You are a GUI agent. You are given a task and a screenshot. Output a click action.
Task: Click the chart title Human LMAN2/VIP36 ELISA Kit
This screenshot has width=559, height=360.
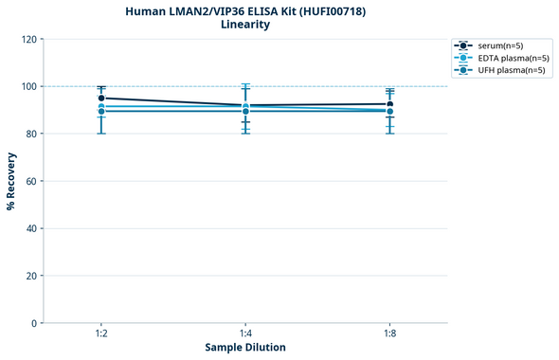pyautogui.click(x=245, y=10)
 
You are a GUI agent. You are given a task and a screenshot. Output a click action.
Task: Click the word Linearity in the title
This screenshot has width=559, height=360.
pyautogui.click(x=245, y=25)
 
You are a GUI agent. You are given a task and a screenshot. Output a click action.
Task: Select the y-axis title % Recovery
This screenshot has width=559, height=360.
pyautogui.click(x=11, y=181)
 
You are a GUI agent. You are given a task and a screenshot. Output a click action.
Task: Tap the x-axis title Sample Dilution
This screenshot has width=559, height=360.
pyautogui.click(x=245, y=348)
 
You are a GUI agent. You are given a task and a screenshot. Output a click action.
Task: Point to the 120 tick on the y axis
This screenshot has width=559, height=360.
pyautogui.click(x=28, y=39)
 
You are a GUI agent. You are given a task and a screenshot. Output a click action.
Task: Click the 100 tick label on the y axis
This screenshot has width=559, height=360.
pyautogui.click(x=28, y=86)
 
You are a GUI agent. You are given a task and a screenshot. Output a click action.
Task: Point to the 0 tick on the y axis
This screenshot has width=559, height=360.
pyautogui.click(x=34, y=323)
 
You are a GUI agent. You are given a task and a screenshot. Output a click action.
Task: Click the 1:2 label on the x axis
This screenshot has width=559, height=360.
pyautogui.click(x=101, y=333)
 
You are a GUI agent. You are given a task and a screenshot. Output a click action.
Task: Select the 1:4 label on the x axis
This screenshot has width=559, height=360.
pyautogui.click(x=245, y=333)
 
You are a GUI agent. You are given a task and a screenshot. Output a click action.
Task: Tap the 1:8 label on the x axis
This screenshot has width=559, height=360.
pyautogui.click(x=389, y=333)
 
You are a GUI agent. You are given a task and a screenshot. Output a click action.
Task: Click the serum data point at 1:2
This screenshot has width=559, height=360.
pyautogui.click(x=101, y=98)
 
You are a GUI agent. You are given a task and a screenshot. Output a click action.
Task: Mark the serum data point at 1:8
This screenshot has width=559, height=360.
pyautogui.click(x=389, y=104)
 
